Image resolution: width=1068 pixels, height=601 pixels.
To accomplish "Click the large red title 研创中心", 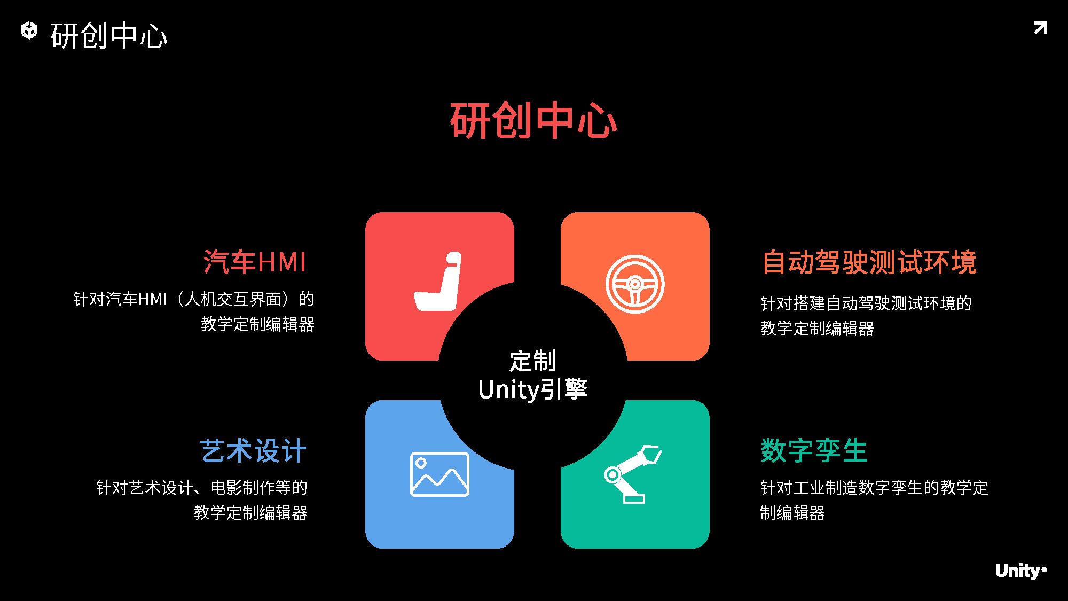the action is (533, 121).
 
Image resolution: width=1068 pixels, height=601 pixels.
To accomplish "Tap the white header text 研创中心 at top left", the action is (109, 36).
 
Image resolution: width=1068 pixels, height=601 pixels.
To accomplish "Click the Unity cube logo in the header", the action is (29, 30).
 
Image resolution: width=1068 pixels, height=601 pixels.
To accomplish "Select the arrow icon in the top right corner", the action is (1040, 28).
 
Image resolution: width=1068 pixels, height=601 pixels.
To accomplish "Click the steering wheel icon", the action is (635, 284).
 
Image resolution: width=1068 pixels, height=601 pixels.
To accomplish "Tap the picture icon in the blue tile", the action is (439, 474).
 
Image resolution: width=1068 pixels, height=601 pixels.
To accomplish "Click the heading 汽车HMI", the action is (255, 262).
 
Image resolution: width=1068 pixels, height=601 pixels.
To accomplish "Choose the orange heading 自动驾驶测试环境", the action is (869, 262).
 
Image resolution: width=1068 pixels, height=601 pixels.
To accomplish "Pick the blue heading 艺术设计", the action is (253, 451).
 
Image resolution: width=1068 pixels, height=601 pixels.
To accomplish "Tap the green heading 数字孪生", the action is (814, 451).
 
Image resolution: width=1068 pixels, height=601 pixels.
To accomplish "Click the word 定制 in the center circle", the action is (533, 361).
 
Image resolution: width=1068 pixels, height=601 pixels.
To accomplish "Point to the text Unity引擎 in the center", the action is (533, 389).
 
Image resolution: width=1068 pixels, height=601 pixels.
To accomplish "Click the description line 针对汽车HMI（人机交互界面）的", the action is (193, 299).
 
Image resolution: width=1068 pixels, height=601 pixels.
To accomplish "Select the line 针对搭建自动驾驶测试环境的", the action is (866, 303).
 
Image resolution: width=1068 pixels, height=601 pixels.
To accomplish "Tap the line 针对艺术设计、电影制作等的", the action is (202, 488).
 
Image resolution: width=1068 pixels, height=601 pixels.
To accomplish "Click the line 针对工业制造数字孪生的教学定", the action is (874, 488).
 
